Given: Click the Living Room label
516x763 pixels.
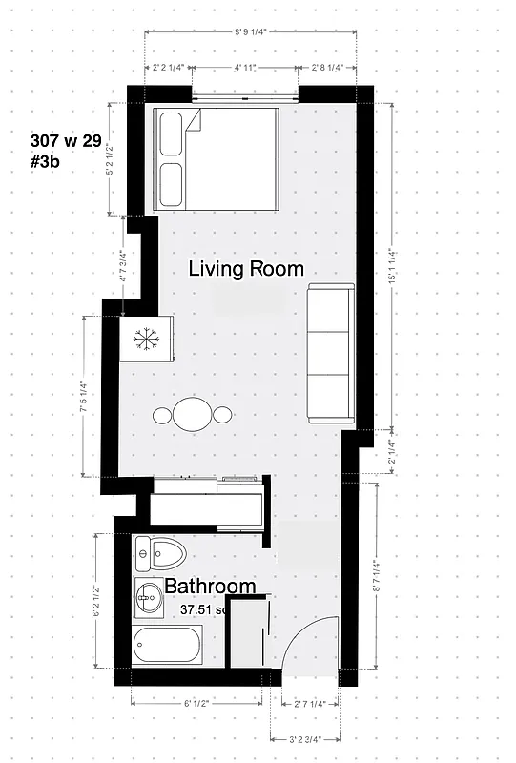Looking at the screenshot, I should [x=246, y=268].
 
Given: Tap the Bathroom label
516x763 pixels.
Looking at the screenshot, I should [x=210, y=587].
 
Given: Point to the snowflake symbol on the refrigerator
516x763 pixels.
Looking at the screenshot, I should [x=146, y=339].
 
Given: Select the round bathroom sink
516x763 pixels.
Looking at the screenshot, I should [x=148, y=599].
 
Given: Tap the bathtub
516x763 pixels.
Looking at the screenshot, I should [x=168, y=647].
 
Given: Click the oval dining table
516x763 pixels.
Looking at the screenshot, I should [x=193, y=415].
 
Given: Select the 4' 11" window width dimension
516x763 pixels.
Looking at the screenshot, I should [x=249, y=68].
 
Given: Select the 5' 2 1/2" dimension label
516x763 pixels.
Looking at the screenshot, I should [x=112, y=158].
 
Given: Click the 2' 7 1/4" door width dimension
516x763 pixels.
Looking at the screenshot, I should [x=309, y=704].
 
